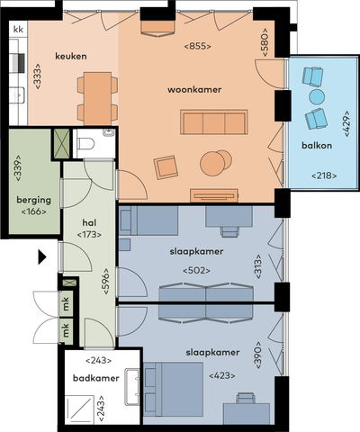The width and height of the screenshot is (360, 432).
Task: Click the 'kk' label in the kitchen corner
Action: coord(18,30)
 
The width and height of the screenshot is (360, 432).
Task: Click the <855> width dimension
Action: coord(197,45)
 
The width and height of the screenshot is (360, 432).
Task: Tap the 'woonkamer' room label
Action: coord(194,90)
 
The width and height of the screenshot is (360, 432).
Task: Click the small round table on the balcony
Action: coord(316,96)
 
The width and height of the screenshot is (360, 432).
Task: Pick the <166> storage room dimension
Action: coord(33,214)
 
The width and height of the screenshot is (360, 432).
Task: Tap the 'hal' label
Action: coord(89,220)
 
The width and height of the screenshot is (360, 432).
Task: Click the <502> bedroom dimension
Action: coord(196,269)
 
